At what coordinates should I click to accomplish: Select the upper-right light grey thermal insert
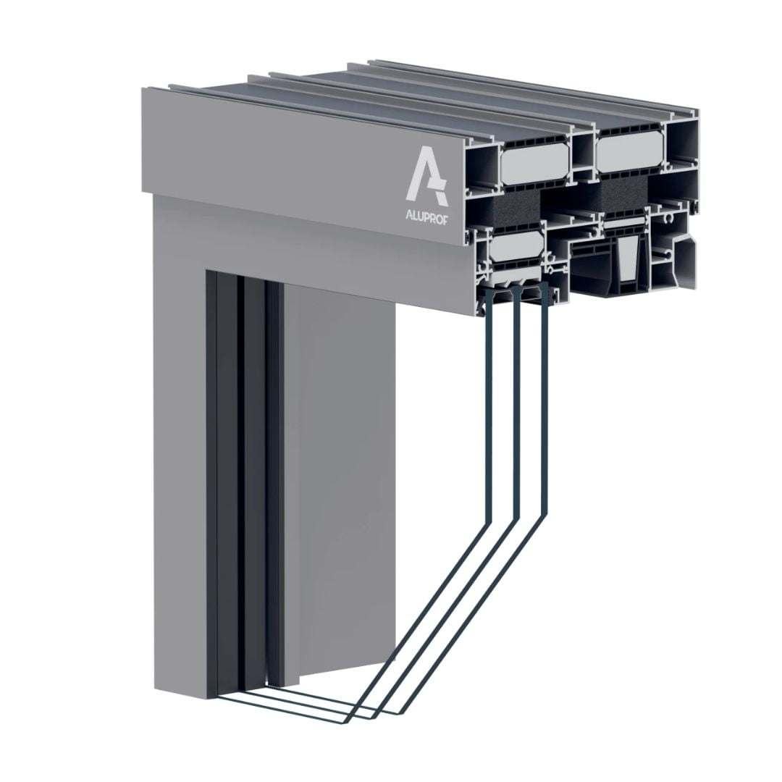[x=630, y=154]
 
